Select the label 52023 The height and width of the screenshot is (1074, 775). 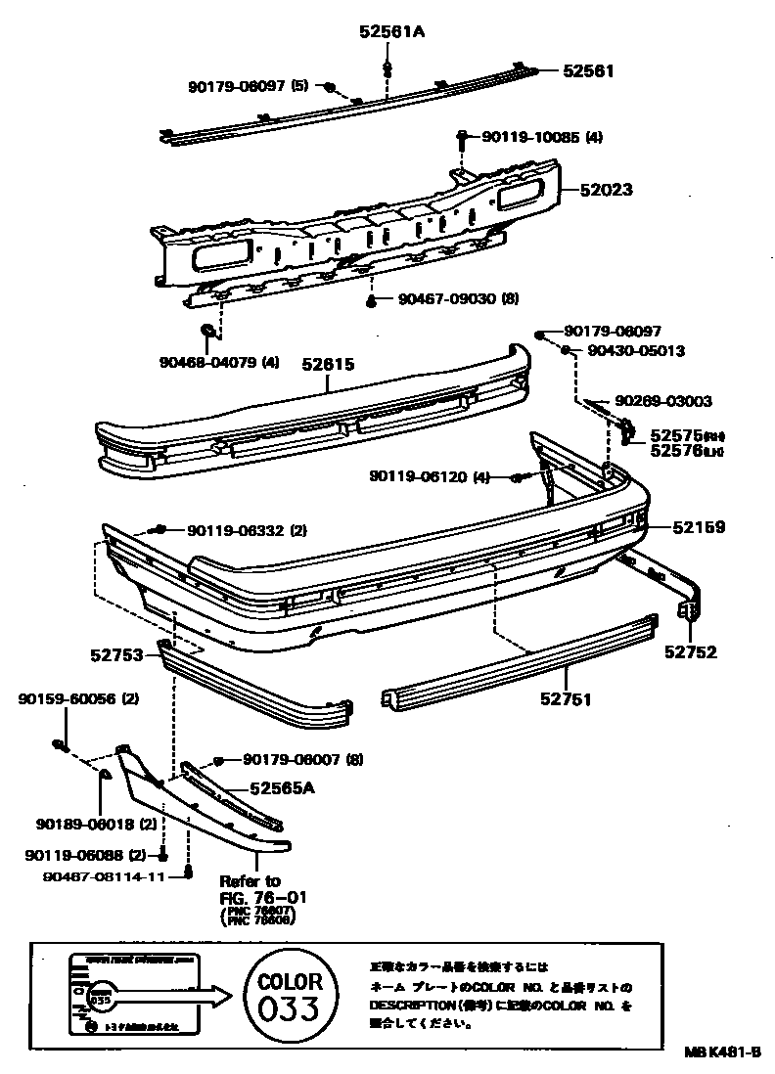point(605,190)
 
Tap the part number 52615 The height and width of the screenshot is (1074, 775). point(327,364)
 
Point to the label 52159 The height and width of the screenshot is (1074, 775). point(698,527)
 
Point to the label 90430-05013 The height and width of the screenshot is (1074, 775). point(636,350)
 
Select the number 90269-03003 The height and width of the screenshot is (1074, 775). point(662,401)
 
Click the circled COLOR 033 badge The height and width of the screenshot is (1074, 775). point(289,996)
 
